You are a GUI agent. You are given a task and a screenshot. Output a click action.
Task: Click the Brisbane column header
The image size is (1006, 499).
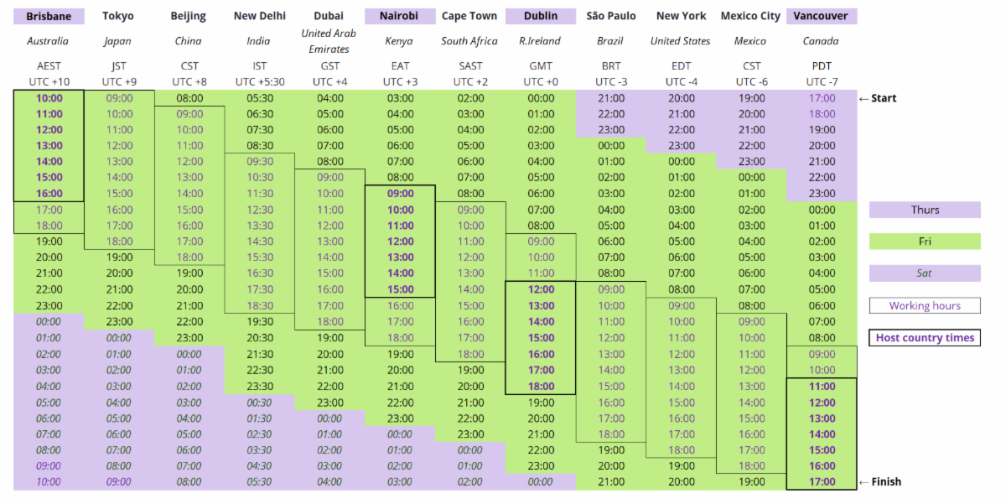[x=49, y=16]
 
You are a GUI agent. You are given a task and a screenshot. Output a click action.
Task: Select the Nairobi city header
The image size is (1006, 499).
[x=400, y=16]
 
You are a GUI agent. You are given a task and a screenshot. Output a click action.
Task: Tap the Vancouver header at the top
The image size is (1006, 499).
[x=822, y=16]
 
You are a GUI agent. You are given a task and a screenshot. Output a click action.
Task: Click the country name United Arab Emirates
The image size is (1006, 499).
[x=329, y=41]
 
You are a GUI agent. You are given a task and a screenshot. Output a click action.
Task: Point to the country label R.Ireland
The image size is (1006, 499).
[x=541, y=41]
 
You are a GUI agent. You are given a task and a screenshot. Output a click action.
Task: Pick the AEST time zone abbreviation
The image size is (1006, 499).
[x=49, y=66]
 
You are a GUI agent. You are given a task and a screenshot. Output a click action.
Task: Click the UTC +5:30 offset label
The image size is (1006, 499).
[x=259, y=81]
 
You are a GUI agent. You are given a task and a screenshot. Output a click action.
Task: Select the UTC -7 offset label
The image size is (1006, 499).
[x=822, y=81]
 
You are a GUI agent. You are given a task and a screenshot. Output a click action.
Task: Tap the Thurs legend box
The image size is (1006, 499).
[x=925, y=210]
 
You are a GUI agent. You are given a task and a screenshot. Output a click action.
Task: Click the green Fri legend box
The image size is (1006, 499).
[x=925, y=242]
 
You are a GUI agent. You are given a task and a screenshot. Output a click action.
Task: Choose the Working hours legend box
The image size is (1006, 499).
[x=925, y=306]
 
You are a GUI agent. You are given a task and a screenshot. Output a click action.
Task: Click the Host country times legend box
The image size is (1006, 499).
[x=925, y=338]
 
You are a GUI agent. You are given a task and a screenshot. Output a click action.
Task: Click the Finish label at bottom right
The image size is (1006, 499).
[x=884, y=481]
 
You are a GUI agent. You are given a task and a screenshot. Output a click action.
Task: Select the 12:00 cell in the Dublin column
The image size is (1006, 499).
[x=541, y=289]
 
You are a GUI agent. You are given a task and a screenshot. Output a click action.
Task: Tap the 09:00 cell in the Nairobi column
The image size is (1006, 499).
[x=400, y=194]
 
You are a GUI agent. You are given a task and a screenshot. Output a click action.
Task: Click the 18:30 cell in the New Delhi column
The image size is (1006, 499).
[x=259, y=306]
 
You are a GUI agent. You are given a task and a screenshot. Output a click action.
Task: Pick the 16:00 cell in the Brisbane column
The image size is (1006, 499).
[x=49, y=194]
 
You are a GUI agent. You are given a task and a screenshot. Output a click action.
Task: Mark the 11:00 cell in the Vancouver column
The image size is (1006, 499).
[x=822, y=387]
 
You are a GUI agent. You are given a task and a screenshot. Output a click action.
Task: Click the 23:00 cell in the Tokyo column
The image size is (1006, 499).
[x=119, y=321]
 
